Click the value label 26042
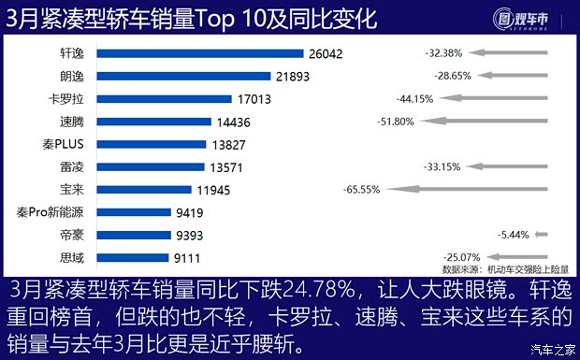coord(326,54)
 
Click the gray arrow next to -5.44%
coord(541,235)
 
